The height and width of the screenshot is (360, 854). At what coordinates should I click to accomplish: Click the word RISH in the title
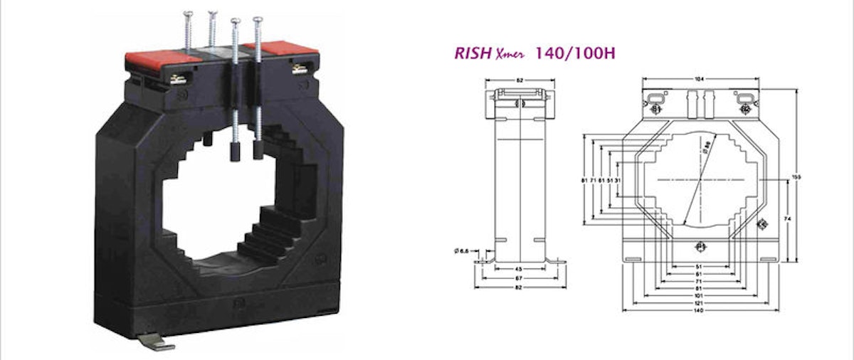click(472, 54)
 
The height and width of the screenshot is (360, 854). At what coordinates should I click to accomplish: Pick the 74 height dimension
click(786, 221)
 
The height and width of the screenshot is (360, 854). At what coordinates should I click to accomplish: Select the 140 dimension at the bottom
click(699, 310)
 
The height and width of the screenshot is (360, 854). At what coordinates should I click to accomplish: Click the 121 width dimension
click(699, 303)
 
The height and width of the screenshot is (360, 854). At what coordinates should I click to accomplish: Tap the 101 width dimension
click(699, 295)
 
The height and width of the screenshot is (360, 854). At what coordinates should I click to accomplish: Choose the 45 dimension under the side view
click(520, 269)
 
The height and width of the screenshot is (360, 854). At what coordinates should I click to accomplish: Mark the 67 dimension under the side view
click(520, 277)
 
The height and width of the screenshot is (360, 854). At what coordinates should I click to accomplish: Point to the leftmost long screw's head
click(188, 14)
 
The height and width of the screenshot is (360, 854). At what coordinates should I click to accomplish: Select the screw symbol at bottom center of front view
click(699, 247)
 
